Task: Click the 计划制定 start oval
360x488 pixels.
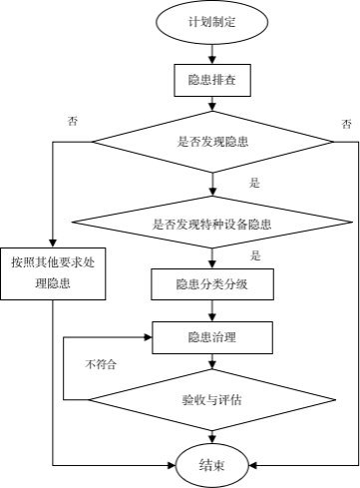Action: point(212,22)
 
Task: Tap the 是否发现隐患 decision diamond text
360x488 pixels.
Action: point(212,142)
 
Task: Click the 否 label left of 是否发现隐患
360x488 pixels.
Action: point(72,121)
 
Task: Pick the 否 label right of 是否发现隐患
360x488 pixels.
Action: point(345,125)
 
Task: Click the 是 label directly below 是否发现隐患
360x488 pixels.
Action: point(254,183)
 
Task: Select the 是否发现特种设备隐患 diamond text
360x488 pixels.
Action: point(212,225)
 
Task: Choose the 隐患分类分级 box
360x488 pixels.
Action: point(211,284)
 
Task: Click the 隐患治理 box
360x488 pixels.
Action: point(211,337)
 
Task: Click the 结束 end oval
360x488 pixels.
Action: point(211,464)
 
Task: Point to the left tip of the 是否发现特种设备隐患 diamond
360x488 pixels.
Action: point(76,225)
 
